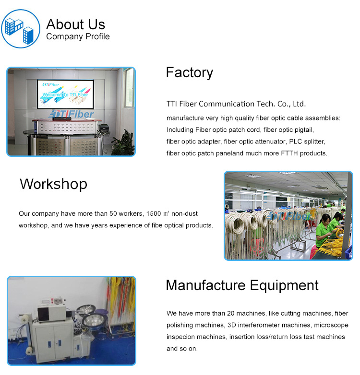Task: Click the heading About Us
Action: click(76, 24)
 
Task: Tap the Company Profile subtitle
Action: click(78, 36)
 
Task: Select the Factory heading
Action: click(189, 73)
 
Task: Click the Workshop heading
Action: click(54, 184)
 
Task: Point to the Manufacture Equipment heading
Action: click(242, 285)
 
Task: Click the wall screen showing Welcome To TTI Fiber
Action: click(65, 94)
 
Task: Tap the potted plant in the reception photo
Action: click(123, 144)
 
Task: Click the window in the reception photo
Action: click(129, 88)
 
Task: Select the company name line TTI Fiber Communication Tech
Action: click(236, 104)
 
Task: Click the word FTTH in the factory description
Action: click(289, 153)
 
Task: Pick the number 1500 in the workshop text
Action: click(154, 213)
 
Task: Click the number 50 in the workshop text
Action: click(113, 213)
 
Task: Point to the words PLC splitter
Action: click(307, 141)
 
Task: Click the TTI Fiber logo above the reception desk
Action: click(71, 114)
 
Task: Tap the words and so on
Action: click(182, 349)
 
